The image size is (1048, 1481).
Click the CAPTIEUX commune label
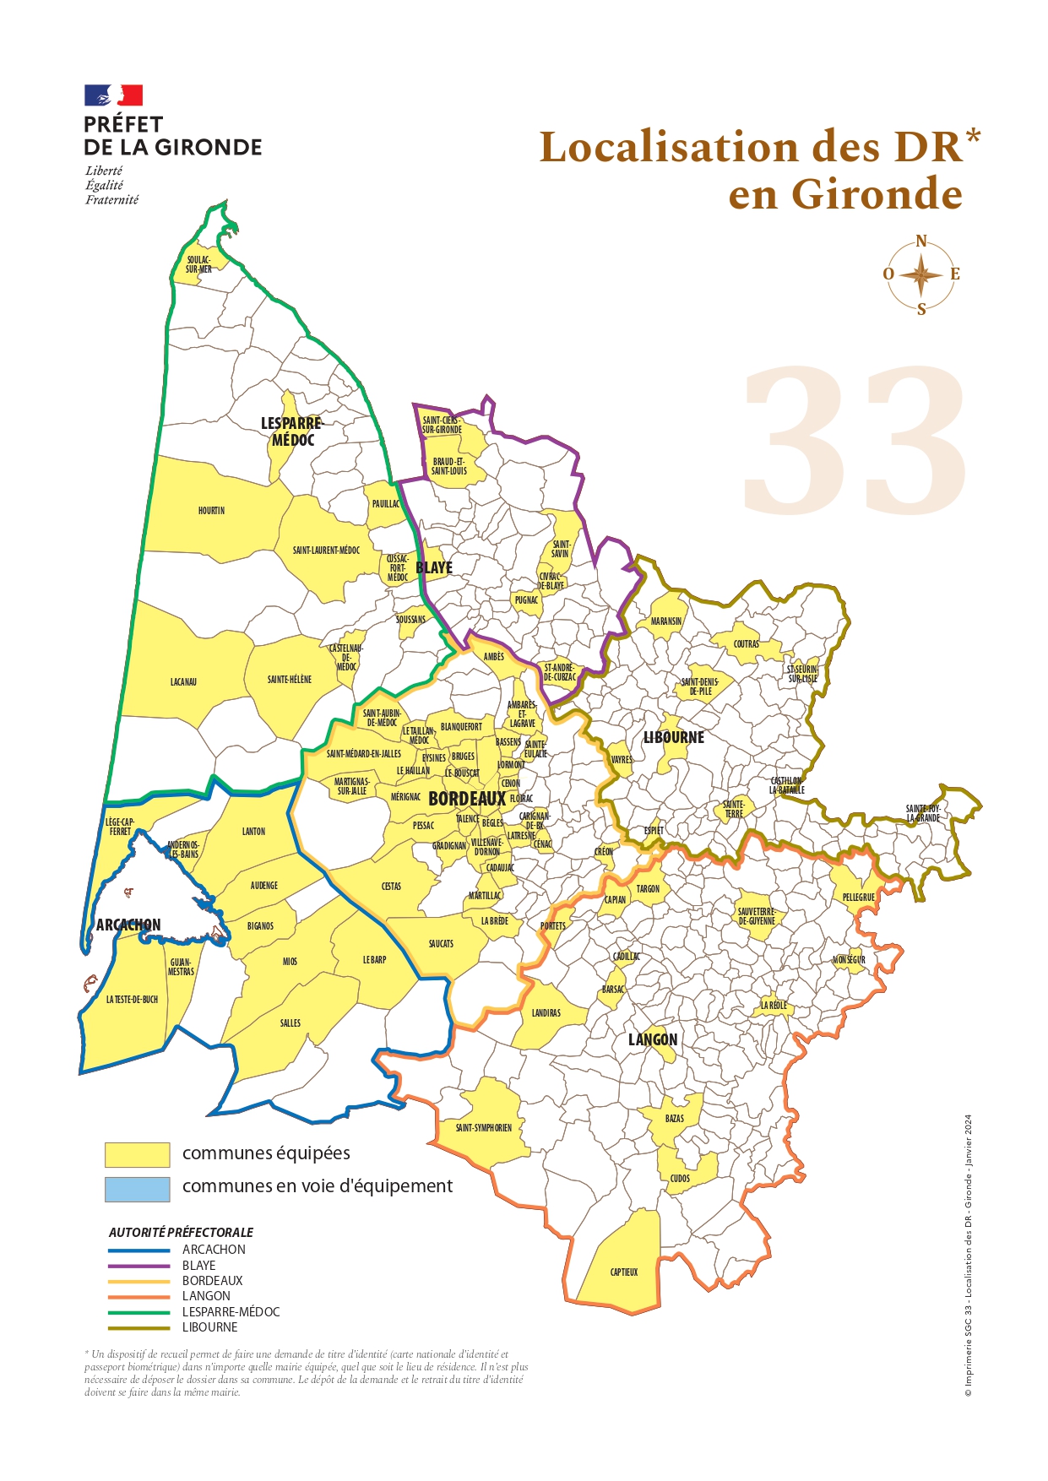pos(624,1272)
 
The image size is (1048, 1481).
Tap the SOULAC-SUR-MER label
pos(199,264)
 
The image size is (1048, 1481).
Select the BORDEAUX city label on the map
pos(467,799)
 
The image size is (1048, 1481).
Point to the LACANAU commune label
pos(183,681)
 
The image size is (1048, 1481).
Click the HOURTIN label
pos(211,511)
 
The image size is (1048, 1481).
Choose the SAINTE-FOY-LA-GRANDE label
pos(923,813)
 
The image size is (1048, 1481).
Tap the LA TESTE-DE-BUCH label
pos(132,999)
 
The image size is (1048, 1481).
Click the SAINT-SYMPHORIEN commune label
pos(484,1127)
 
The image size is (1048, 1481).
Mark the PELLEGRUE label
pos(859,897)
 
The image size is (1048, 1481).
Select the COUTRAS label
pos(746,643)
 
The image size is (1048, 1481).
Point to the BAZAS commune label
pos(674,1119)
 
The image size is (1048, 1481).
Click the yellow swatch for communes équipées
pos(137,1154)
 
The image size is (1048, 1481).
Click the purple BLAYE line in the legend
pos(139,1266)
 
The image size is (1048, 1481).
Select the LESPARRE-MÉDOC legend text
pos(231,1312)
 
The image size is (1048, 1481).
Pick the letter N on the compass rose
pos(921,241)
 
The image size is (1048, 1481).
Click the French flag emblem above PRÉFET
pos(113,95)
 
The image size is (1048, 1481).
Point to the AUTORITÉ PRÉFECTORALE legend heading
pos(181,1233)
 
